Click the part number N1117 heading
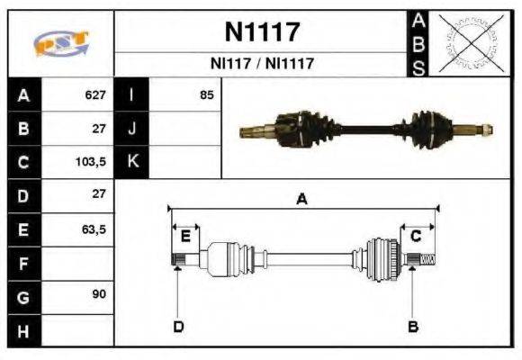[x=262, y=33]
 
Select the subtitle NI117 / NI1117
[x=262, y=64]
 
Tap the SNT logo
[x=59, y=43]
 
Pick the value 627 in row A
[x=94, y=94]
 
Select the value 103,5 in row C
[x=90, y=162]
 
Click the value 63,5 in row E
[x=93, y=229]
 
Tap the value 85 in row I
[x=207, y=94]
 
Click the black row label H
[x=22, y=331]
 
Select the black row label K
[x=132, y=162]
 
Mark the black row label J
[x=132, y=129]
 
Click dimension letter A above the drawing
[x=301, y=201]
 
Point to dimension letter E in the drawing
[x=185, y=236]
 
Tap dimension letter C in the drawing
[x=416, y=236]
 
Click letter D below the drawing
[x=177, y=326]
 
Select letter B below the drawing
[x=412, y=326]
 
